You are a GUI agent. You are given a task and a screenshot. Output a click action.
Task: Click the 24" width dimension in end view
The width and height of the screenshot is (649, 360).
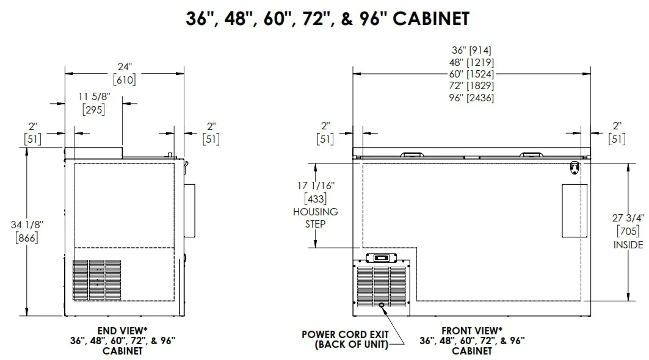point(124,67)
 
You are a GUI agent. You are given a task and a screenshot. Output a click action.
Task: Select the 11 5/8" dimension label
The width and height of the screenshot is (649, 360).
point(94,96)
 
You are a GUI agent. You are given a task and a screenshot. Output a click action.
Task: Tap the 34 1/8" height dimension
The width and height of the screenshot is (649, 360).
point(27,225)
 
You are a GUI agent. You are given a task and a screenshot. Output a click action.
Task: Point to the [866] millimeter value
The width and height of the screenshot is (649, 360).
point(27,238)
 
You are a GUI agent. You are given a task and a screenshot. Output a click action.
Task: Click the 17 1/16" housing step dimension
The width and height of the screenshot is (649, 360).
point(316,185)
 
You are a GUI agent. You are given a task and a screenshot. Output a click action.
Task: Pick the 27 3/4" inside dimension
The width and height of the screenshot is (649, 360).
point(628,218)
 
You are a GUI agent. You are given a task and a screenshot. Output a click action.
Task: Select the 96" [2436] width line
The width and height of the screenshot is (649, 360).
point(471,98)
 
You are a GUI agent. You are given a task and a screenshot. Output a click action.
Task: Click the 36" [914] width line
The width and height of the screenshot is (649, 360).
point(471,51)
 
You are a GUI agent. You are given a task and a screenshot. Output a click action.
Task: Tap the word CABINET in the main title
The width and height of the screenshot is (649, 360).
point(431,19)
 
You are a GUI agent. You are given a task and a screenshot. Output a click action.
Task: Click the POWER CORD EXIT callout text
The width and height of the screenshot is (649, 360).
point(345,334)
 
